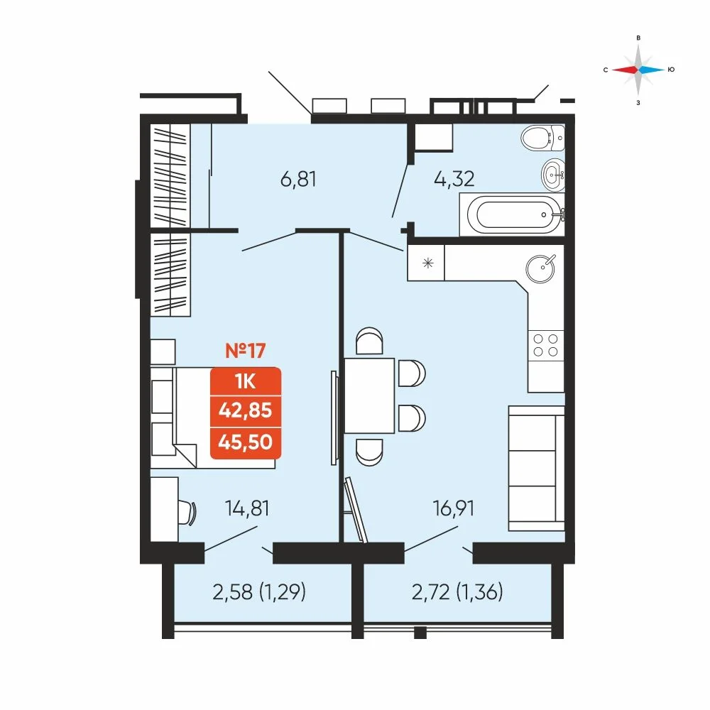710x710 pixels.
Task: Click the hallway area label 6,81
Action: click(x=298, y=180)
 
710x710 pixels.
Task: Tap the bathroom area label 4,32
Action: click(x=454, y=180)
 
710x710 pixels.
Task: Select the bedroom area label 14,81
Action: click(x=247, y=508)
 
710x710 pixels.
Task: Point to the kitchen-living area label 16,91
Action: click(x=453, y=508)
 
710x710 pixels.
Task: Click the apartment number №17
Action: click(x=246, y=351)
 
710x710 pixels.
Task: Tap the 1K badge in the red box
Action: click(x=246, y=382)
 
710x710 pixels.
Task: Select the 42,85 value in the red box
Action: click(x=246, y=410)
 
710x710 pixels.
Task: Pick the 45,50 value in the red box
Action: click(x=246, y=442)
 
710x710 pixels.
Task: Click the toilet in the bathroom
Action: click(x=543, y=138)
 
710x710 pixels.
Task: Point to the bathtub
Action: click(x=512, y=214)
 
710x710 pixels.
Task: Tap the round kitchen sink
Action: click(x=540, y=269)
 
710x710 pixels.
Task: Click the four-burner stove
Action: click(x=545, y=346)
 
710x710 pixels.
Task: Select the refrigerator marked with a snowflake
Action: click(x=426, y=263)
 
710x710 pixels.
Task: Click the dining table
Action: click(x=369, y=395)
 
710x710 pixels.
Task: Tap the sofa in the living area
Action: click(x=537, y=468)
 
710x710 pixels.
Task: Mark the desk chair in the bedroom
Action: click(x=188, y=513)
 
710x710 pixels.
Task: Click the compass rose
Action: click(x=638, y=70)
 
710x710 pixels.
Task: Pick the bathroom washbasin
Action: click(x=553, y=175)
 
